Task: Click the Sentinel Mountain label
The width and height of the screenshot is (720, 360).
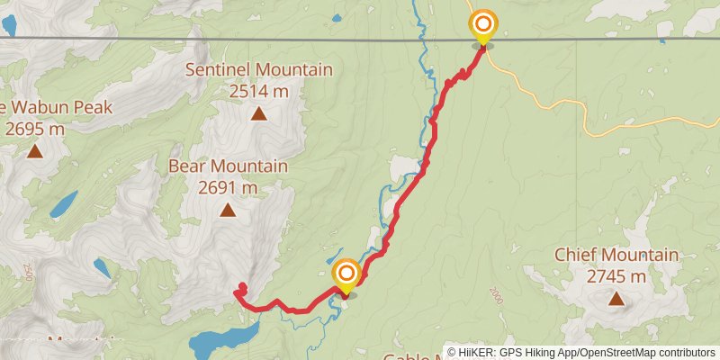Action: tap(258, 70)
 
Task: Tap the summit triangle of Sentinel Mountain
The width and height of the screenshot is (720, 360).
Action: tap(258, 113)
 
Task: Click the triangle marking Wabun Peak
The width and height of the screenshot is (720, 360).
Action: tap(35, 151)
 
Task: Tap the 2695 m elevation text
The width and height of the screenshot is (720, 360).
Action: tap(35, 128)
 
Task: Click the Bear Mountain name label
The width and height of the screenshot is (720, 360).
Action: tap(228, 166)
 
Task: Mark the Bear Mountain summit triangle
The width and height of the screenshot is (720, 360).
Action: tap(228, 211)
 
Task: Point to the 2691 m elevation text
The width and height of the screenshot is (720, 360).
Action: tap(228, 187)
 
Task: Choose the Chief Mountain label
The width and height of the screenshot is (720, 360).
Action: tap(616, 256)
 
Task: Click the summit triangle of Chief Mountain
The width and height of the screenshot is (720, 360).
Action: tap(616, 299)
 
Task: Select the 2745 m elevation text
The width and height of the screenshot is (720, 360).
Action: tap(616, 275)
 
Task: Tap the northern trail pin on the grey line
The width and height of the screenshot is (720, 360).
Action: tap(483, 26)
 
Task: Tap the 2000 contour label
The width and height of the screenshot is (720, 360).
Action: tap(497, 295)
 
